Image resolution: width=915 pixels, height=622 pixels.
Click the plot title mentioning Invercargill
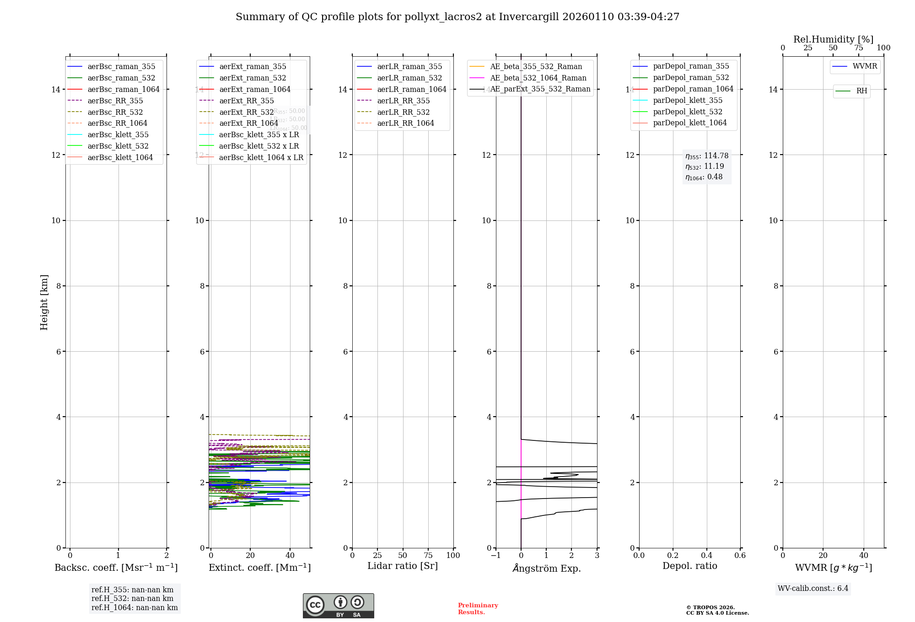[457, 17]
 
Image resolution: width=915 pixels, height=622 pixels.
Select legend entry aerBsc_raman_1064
[124, 89]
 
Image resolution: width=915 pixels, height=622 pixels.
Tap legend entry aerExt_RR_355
[247, 101]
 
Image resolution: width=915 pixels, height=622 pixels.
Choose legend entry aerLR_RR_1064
[405, 123]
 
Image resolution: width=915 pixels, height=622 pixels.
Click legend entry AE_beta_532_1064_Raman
[538, 78]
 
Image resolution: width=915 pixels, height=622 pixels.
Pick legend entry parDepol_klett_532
[688, 112]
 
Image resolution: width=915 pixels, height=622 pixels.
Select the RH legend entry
[861, 91]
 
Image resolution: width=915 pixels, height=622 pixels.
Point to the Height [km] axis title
[44, 302]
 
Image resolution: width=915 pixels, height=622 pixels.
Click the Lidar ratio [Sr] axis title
[403, 566]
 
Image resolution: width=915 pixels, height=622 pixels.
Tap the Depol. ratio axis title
[689, 566]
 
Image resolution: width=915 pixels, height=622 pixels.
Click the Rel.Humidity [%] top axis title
[833, 39]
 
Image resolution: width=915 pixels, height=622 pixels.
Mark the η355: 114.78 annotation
[707, 156]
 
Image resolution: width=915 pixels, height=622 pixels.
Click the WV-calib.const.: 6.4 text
[813, 588]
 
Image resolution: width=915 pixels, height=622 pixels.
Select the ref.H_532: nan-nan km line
[132, 598]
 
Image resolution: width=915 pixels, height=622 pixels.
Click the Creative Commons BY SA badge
[338, 606]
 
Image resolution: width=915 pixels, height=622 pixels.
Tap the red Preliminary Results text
[478, 609]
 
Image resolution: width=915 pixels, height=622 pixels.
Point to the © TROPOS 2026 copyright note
[717, 610]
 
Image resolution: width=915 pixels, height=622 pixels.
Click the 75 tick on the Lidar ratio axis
[428, 555]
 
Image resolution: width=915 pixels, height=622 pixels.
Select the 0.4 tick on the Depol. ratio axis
[706, 555]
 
